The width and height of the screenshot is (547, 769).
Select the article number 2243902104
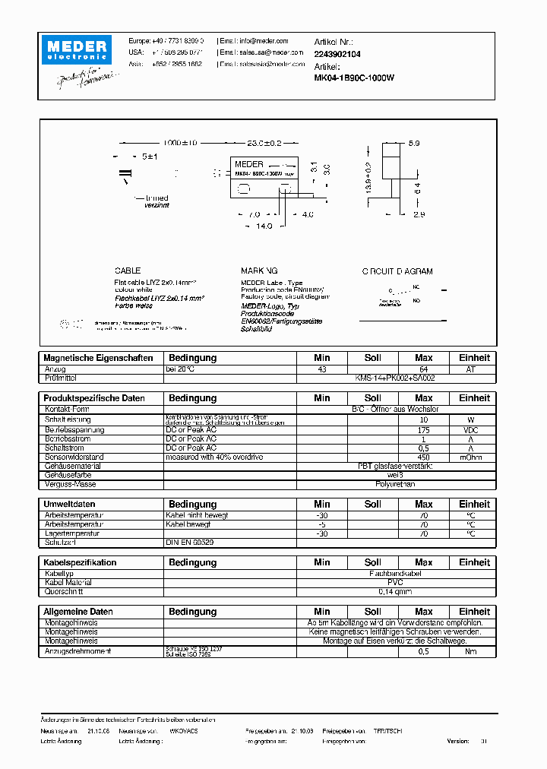pos(337,54)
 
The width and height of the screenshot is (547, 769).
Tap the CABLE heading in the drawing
pos(128,271)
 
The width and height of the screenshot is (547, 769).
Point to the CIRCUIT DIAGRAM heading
pos(397,271)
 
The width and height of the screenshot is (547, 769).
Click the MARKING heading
pos(259,271)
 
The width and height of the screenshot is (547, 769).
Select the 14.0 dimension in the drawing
pos(263,226)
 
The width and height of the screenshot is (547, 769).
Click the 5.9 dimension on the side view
pos(414,142)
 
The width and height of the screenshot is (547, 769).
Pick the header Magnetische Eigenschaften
pos(98,358)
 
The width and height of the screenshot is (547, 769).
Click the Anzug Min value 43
pos(322,369)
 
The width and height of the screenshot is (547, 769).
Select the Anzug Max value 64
pos(424,369)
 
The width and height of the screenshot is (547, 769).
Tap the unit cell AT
pos(474,369)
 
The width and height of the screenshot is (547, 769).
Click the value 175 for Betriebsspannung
pos(424,429)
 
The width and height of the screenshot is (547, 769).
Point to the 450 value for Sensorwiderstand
pos(424,457)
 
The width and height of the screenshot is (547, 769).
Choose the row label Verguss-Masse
pos(70,484)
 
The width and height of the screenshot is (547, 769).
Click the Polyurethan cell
pos(395,484)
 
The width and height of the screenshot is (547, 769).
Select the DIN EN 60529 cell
pos(190,543)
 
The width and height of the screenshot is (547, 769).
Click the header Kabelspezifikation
pos(81,562)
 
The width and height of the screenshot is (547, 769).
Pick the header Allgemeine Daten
pos(78,612)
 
